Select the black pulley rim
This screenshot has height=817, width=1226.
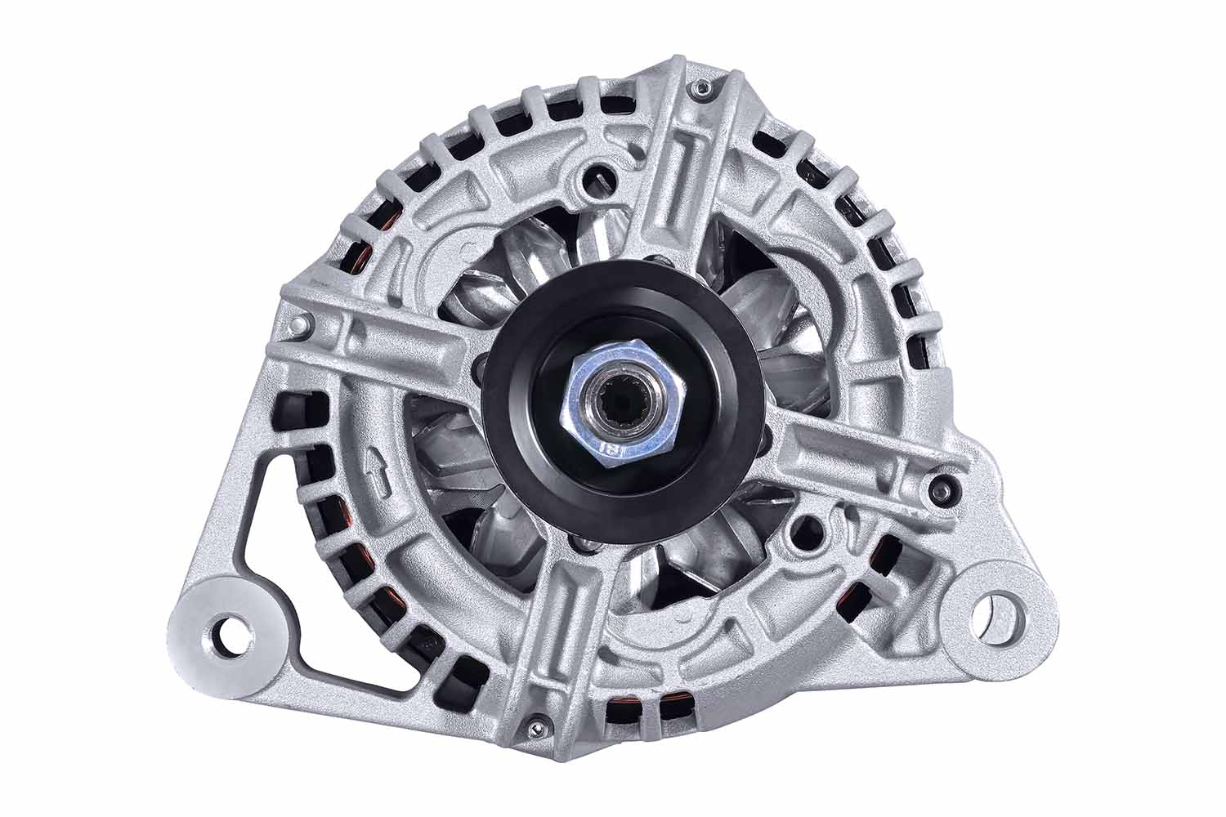pyautogui.click(x=523, y=458)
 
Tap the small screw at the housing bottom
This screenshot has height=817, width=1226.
pyautogui.click(x=535, y=721)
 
